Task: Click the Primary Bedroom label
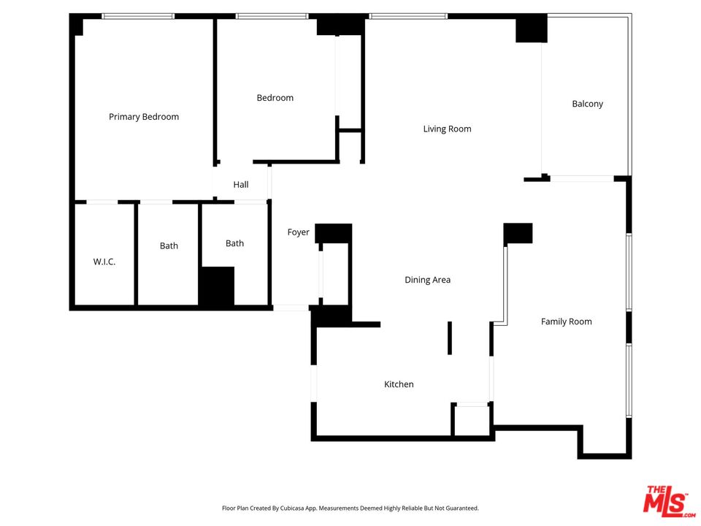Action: coord(144,117)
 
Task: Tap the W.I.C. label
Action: coord(104,262)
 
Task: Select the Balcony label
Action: coord(587,104)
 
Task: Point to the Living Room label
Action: coord(447,129)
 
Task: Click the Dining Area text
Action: coord(427,280)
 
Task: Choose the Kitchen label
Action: coord(399,384)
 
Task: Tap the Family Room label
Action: coord(567,321)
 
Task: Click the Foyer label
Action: coord(298,232)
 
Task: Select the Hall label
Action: coord(241,184)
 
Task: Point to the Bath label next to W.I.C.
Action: coord(169,245)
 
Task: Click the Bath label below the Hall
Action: coord(234,243)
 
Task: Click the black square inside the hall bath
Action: coord(216,286)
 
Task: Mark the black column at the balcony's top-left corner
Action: coord(532,28)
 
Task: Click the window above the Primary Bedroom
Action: coord(138,16)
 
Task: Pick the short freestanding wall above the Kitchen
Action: coord(450,338)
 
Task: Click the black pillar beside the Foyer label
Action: coord(334,234)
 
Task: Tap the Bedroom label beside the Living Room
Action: coord(275,98)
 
